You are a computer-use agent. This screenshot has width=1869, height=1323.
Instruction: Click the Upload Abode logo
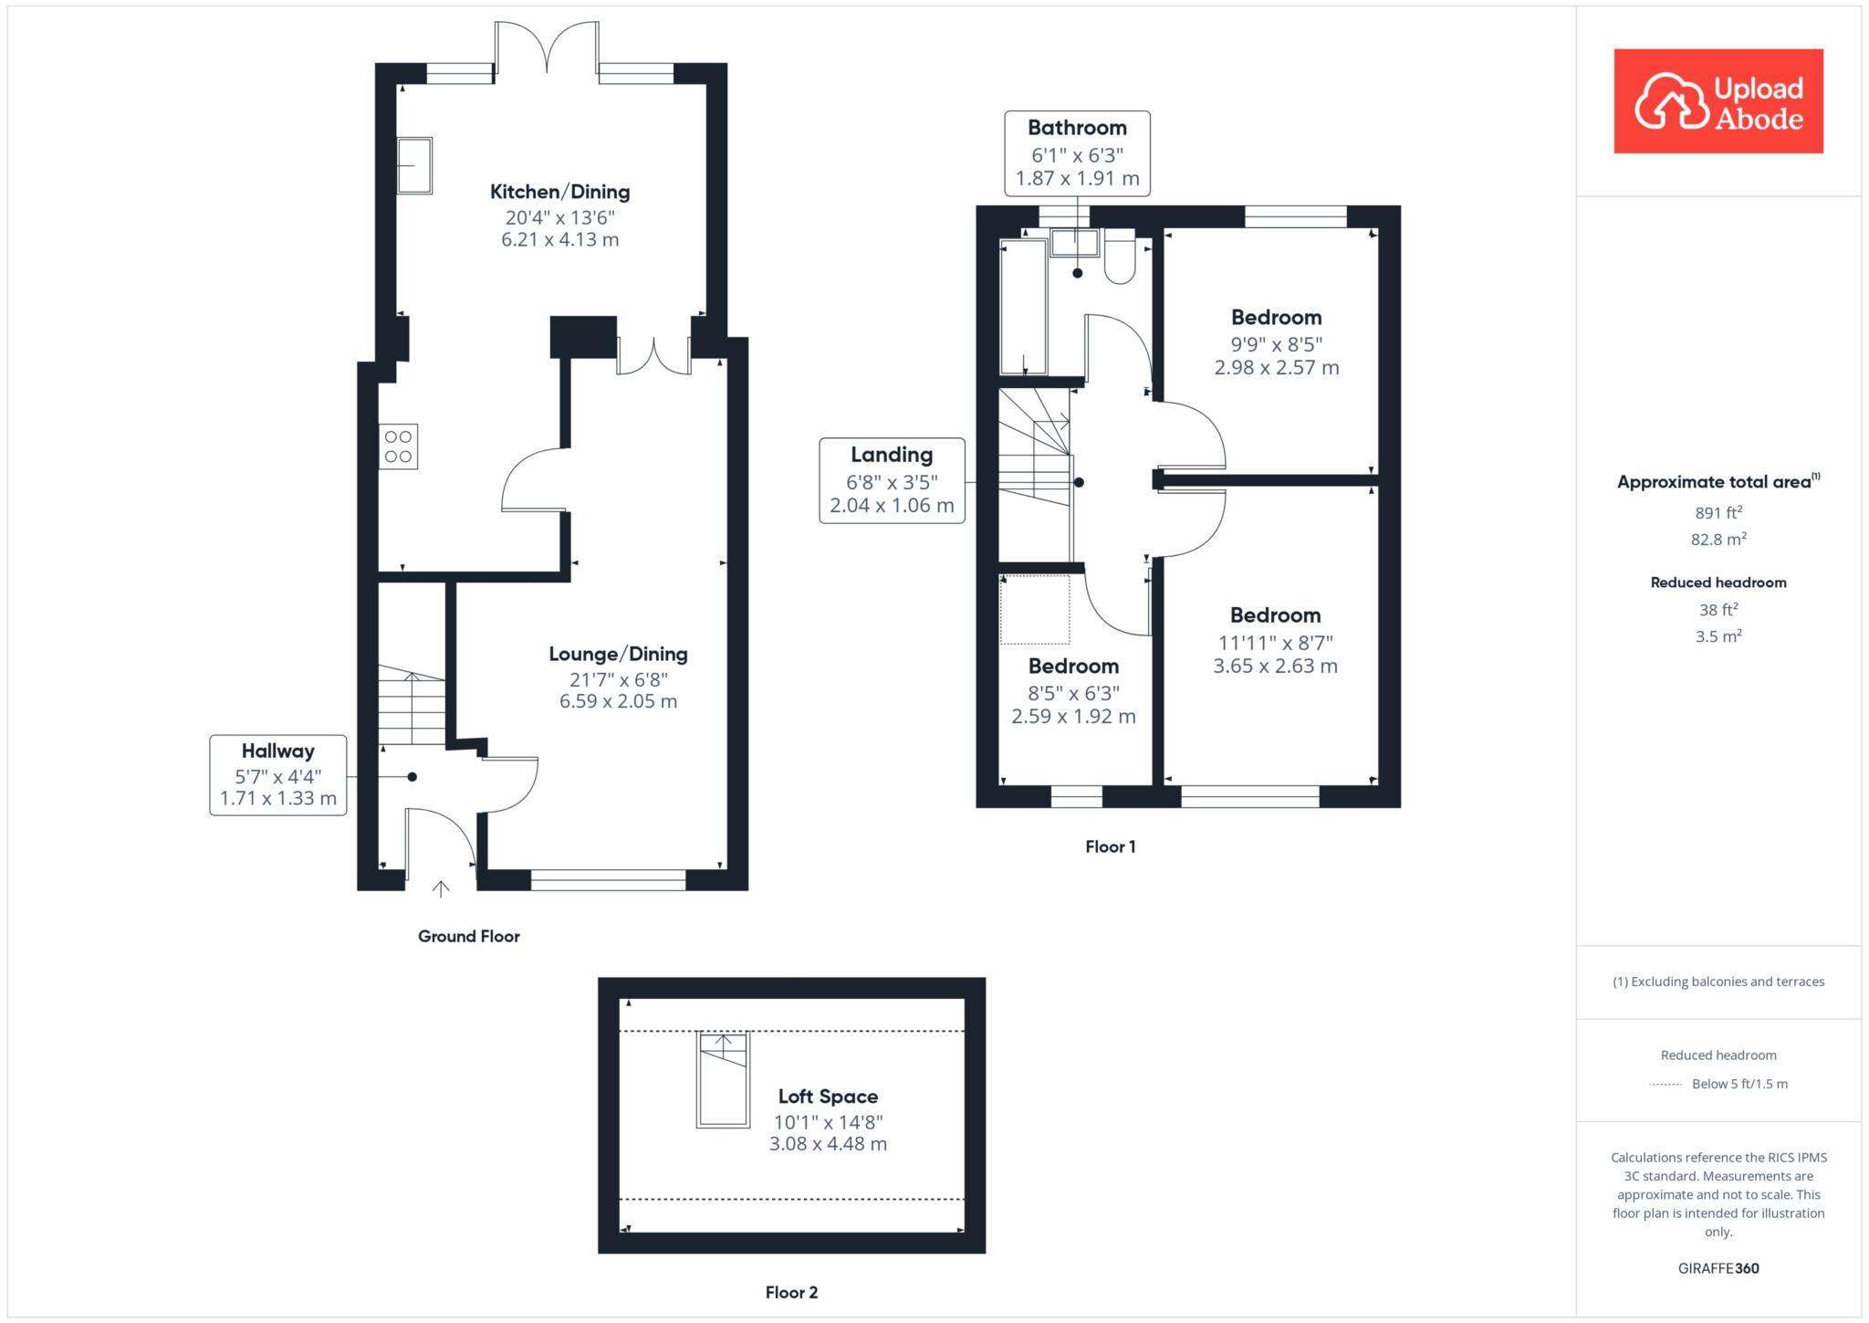(1718, 101)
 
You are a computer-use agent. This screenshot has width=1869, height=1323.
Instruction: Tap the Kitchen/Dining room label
(560, 192)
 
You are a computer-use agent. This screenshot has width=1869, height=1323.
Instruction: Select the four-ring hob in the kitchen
(399, 446)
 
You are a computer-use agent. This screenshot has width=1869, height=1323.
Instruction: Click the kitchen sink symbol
(414, 165)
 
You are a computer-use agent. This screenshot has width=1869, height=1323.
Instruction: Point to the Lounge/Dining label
(619, 654)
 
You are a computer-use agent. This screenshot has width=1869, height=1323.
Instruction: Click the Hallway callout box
(278, 775)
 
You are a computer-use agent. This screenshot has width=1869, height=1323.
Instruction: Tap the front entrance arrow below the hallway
(441, 889)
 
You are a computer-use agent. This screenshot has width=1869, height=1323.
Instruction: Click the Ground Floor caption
(469, 936)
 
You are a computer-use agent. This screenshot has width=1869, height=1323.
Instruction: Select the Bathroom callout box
(1078, 153)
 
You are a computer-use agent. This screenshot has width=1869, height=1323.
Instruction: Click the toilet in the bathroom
(1120, 257)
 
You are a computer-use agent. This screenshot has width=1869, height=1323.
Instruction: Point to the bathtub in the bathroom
(1024, 307)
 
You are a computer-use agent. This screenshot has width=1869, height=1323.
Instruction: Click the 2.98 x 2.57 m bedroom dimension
(1277, 368)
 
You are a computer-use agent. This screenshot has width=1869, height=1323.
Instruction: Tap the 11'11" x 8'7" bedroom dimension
(1276, 643)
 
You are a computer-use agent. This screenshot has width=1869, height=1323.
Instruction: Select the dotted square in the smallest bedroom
(1035, 610)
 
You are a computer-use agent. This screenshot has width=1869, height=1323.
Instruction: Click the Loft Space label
(829, 1097)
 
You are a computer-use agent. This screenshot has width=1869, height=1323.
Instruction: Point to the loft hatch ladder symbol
(724, 1079)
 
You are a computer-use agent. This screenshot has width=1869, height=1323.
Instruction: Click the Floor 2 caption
(792, 1292)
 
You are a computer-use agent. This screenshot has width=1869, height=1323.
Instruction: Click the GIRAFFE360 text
(1718, 1268)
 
